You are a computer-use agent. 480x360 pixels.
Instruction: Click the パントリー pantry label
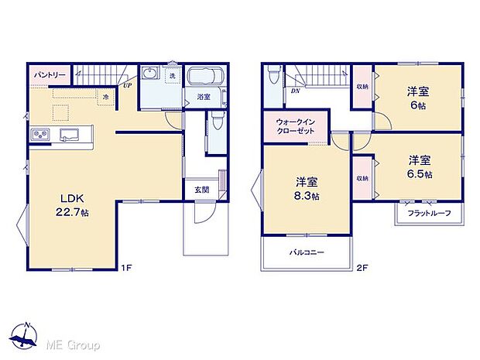49,75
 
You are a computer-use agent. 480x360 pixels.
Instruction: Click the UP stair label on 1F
126,86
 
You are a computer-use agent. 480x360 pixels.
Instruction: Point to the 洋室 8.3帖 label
307,188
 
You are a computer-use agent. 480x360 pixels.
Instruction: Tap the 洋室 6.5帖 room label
420,166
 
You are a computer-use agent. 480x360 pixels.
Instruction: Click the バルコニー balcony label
307,252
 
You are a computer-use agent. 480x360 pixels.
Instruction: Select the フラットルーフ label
429,212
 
